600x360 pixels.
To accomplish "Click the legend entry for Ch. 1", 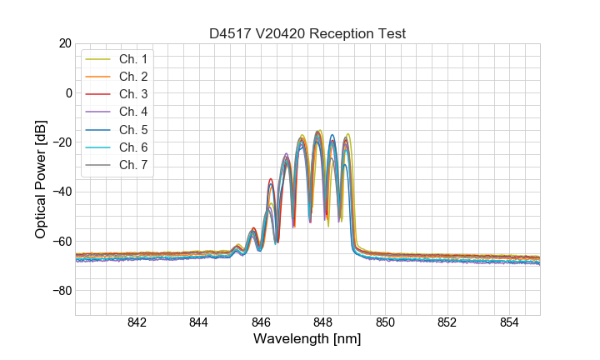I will click(x=133, y=59).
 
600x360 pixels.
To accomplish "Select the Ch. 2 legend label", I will click(x=133, y=77).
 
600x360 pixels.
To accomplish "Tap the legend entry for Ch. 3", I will click(x=133, y=94).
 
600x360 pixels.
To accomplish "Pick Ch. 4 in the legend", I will click(x=133, y=112).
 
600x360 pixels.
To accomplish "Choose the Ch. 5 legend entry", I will click(x=133, y=129).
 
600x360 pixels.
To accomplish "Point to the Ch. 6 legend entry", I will click(x=133, y=147).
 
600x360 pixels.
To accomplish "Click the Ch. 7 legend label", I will click(x=133, y=164).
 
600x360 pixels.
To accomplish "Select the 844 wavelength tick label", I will click(x=198, y=323).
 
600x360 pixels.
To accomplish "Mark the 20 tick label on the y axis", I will click(x=65, y=42).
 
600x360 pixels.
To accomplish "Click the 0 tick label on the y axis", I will click(x=68, y=92).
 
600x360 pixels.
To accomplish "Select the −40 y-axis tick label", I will click(x=62, y=192).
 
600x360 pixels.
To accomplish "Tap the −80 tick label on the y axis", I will click(x=62, y=291).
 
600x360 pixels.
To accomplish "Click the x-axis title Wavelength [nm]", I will click(x=307, y=340).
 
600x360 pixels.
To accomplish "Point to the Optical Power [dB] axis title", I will click(x=40, y=179).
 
